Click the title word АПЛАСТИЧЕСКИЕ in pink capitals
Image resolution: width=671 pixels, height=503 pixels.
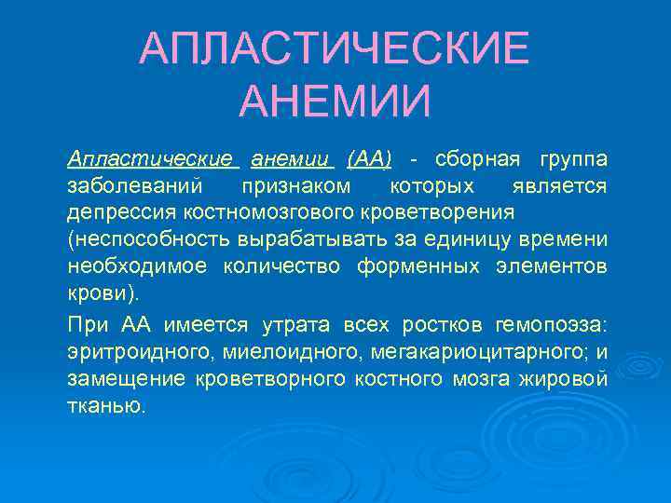pos(335,48)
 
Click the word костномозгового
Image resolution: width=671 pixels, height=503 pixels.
pos(247,212)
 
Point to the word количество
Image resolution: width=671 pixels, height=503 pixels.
pos(283,266)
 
